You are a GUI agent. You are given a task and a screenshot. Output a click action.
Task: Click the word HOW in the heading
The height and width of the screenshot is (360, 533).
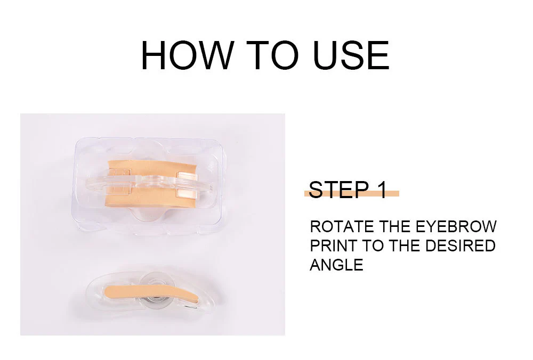point(188,55)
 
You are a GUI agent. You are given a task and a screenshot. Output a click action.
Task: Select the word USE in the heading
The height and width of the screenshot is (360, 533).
point(351,55)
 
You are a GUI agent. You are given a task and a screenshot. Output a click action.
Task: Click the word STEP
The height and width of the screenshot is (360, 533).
point(338,190)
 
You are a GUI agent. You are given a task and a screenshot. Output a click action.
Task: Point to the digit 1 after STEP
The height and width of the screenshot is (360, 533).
point(382,190)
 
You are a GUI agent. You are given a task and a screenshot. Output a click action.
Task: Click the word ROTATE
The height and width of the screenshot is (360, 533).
point(342,227)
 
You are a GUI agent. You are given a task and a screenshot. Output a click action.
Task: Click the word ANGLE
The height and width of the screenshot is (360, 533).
point(336,265)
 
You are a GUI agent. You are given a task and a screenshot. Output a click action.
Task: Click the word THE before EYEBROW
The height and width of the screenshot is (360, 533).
point(395,227)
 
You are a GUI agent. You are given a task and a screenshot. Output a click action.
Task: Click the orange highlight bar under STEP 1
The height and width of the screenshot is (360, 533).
point(351,194)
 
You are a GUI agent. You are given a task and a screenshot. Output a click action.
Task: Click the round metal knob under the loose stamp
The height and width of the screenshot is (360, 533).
point(155,298)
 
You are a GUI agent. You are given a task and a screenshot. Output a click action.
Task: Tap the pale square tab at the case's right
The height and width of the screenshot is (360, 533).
point(186,185)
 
